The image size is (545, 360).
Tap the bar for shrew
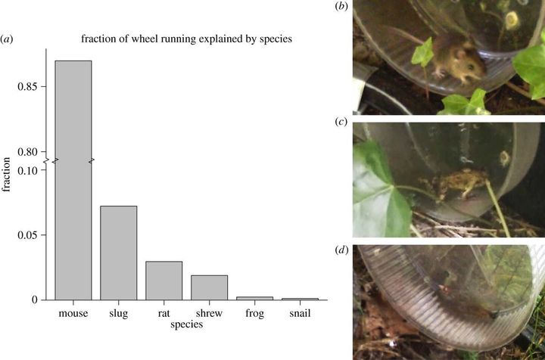[210, 287]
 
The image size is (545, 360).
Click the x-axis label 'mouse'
[73, 312]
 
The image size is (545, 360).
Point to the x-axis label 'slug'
[119, 312]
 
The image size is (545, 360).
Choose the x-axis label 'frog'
[255, 312]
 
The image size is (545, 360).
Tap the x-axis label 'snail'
[301, 312]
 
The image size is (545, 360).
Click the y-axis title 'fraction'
[8, 173]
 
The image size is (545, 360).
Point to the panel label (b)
[341, 6]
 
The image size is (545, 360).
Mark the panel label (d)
[341, 248]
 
